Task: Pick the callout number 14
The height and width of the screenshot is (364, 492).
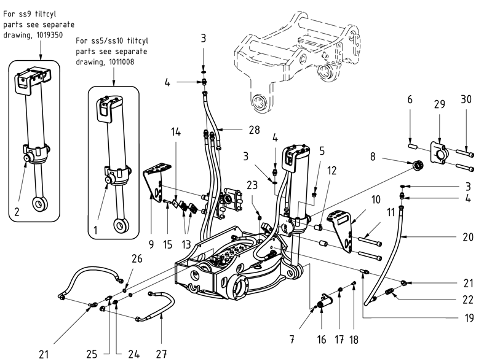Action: point(177,131)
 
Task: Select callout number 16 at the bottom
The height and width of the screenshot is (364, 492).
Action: point(321,339)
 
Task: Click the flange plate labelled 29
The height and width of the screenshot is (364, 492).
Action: point(440,152)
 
